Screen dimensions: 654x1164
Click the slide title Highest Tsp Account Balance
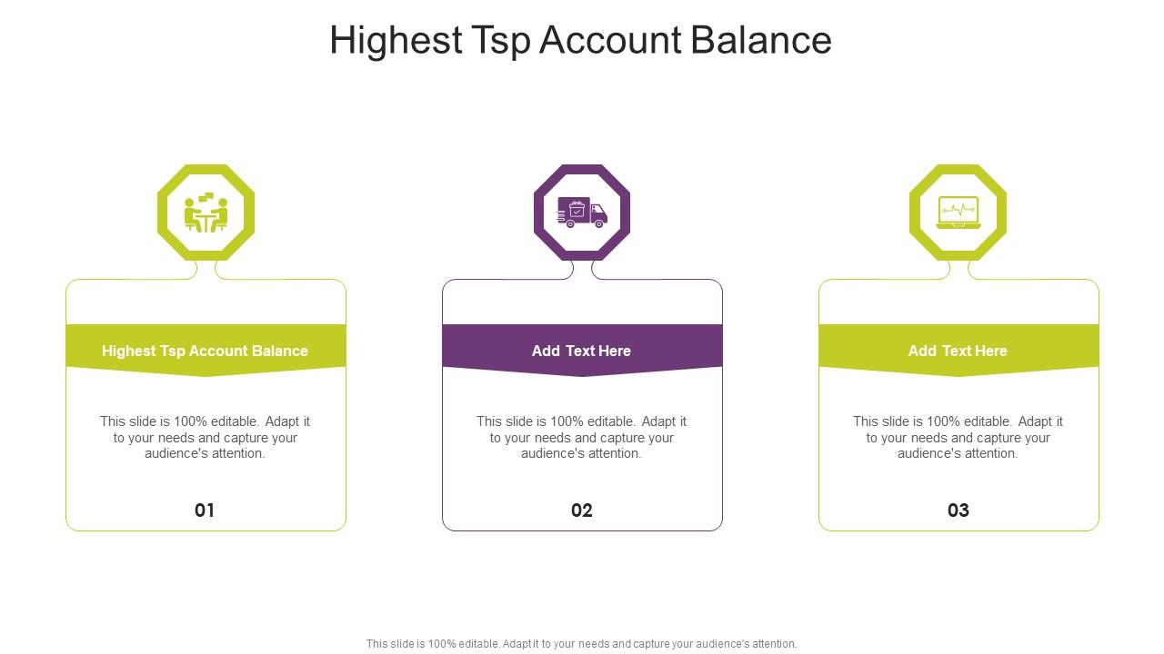pyautogui.click(x=580, y=41)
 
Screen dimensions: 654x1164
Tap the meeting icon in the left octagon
pyautogui.click(x=206, y=213)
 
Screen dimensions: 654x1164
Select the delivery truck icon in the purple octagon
pyautogui.click(x=581, y=213)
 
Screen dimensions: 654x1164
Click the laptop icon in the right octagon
pyautogui.click(x=958, y=213)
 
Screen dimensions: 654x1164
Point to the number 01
pyautogui.click(x=205, y=510)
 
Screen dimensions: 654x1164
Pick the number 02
pyautogui.click(x=582, y=510)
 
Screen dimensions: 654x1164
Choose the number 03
pyautogui.click(x=958, y=510)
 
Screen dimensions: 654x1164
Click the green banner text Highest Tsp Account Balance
pyautogui.click(x=205, y=351)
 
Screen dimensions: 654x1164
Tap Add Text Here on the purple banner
pyautogui.click(x=581, y=351)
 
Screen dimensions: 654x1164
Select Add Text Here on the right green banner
pyautogui.click(x=958, y=351)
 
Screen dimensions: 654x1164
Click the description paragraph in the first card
pyautogui.click(x=205, y=437)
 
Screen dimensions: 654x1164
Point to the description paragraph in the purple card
pyautogui.click(x=581, y=437)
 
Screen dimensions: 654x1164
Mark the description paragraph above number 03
pyautogui.click(x=958, y=437)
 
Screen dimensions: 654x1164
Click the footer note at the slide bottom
pyautogui.click(x=581, y=644)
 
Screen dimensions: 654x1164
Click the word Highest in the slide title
pyautogui.click(x=396, y=41)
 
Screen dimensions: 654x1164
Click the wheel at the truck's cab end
pyautogui.click(x=597, y=223)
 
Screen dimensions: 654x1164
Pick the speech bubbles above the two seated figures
pyautogui.click(x=206, y=197)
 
